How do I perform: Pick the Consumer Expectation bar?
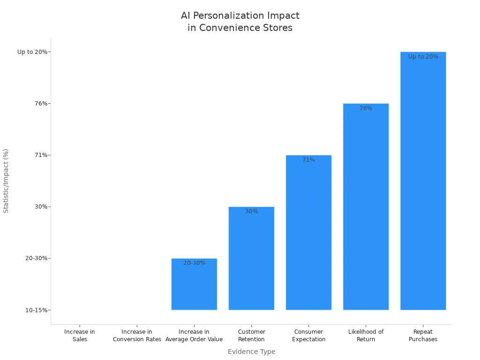coord(308,234)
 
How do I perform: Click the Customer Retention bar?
coord(251,260)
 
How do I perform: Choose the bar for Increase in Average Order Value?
coord(194,286)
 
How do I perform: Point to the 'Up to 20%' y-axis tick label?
coord(32,52)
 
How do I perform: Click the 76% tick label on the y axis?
coord(41,104)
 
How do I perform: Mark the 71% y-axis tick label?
coord(41,155)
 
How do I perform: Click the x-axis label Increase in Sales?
coord(80,336)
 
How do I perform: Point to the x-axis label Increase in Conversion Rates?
coord(137,336)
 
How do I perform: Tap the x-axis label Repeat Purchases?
coord(423,336)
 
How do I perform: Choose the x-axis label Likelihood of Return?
coord(366,336)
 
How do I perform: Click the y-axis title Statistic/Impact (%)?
coord(6,181)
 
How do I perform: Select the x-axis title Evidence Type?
coord(251,352)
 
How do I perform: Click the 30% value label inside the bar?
coord(251,211)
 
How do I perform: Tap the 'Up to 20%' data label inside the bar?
coord(423,57)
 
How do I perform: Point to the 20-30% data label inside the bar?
coord(194,263)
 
